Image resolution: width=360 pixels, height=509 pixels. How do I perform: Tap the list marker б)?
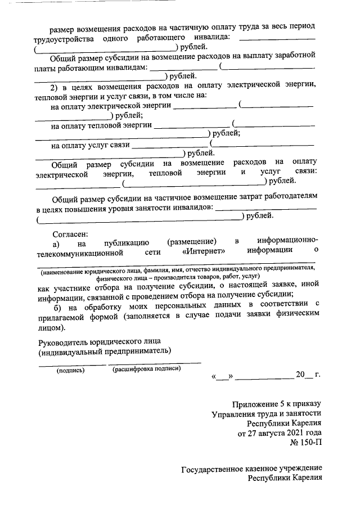click(57, 305)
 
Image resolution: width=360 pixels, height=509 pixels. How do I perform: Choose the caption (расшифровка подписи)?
click(147, 370)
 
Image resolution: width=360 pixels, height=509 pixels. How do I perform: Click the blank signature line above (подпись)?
click(71, 364)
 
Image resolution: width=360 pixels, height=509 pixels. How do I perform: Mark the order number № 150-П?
click(305, 443)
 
